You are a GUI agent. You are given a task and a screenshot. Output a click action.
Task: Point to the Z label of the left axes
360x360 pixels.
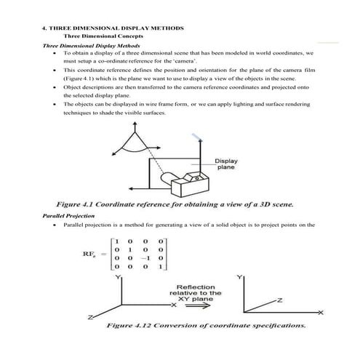tap(89, 318)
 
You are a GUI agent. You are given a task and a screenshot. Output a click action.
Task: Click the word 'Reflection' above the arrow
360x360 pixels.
tap(193, 286)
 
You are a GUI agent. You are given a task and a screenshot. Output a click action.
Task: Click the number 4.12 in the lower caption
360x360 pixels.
tap(145, 327)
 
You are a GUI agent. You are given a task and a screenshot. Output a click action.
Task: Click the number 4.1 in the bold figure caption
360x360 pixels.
tap(97, 203)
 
